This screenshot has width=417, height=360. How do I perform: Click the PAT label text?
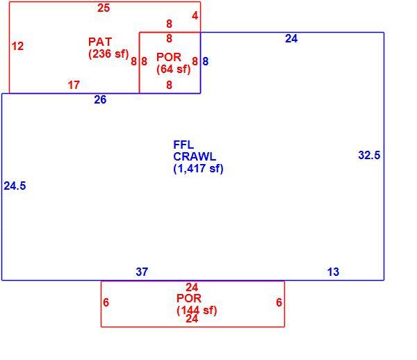click(100, 42)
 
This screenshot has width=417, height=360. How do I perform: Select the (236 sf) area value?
click(108, 54)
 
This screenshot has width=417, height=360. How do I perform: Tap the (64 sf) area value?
click(173, 69)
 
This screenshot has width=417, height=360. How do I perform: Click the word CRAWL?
click(195, 156)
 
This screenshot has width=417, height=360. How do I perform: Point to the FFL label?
click(183, 145)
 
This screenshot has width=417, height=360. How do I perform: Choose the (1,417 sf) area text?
click(198, 169)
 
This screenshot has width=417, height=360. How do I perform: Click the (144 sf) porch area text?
click(197, 310)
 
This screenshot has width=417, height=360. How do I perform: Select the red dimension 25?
click(104, 8)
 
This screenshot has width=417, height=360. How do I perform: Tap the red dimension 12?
click(17, 47)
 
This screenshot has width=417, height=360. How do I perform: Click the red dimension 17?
click(74, 85)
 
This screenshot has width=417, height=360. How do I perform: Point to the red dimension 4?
click(195, 16)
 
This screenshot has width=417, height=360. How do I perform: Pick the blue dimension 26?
click(100, 99)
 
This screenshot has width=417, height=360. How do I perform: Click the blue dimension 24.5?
click(15, 186)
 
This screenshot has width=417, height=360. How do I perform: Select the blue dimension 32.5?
click(370, 155)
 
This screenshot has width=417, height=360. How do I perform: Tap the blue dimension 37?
click(142, 272)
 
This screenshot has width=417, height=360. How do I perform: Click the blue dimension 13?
click(333, 272)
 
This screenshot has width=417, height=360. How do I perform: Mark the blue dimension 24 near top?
click(291, 39)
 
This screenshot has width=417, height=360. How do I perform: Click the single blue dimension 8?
click(205, 61)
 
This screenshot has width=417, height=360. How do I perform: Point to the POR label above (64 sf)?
click(169, 57)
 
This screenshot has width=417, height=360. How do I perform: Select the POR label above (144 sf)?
click(189, 298)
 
